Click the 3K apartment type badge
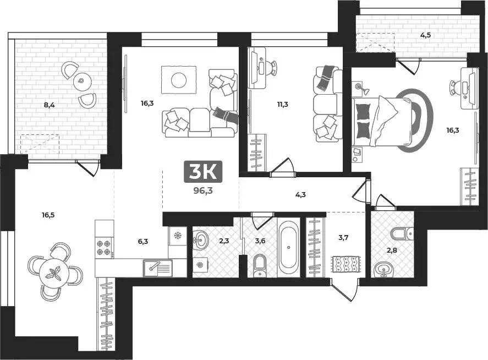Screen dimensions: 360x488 coord(202,172)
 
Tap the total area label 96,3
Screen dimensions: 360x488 coord(202,192)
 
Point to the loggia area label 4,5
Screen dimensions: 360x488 coord(425,36)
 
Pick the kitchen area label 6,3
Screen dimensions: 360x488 coord(143,241)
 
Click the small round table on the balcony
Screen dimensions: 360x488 coord(81,81)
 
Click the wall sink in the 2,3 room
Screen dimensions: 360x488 coord(201,239)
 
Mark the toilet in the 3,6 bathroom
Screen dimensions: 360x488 coord(260,265)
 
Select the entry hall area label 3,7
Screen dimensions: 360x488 coord(342,237)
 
